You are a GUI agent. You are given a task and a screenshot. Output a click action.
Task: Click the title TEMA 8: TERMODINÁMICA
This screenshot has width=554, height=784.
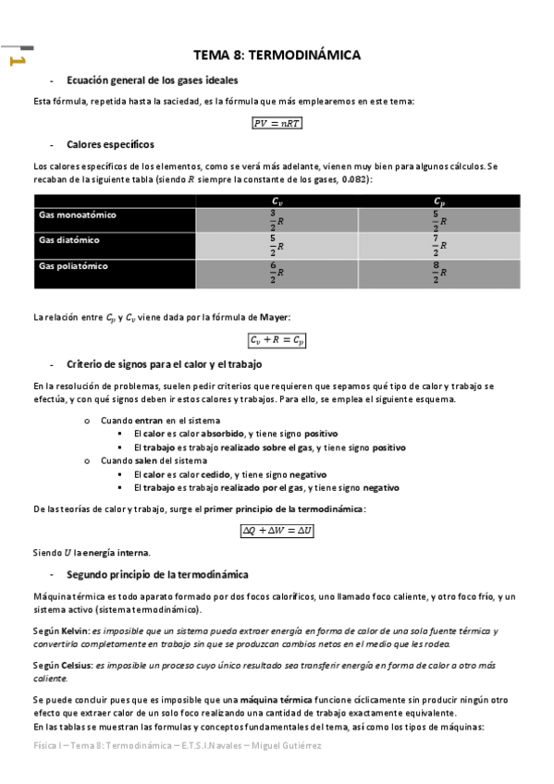pos(277,55)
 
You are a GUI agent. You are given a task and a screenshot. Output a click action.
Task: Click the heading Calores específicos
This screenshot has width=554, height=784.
pos(110,145)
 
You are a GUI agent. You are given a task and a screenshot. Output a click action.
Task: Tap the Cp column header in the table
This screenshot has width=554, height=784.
pos(439,201)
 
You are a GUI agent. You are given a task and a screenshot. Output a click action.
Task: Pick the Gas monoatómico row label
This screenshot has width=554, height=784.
pos(78,214)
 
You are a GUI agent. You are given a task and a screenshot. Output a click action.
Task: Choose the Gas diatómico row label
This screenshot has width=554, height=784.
pos(69,240)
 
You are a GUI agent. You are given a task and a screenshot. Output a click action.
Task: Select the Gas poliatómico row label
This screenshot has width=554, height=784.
pos(74,266)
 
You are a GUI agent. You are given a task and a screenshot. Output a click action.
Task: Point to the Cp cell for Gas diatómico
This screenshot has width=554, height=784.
pos(439,246)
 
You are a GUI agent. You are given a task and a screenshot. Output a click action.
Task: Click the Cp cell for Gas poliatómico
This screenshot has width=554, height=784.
pos(439,273)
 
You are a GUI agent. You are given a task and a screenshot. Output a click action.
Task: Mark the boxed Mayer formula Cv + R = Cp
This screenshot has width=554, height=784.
pos(277,340)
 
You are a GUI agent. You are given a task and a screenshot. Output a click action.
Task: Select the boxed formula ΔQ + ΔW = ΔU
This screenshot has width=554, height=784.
pos(277,531)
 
